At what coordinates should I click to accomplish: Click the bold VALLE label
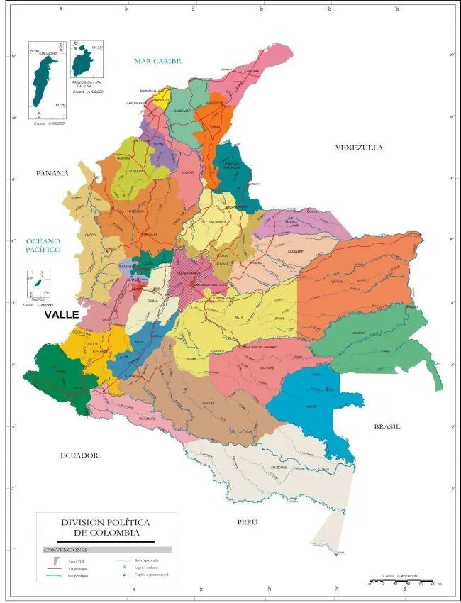click(x=62, y=314)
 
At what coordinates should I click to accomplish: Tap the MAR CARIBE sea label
click(x=158, y=62)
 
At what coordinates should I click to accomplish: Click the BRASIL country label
click(x=387, y=426)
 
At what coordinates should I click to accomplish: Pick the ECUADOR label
click(x=79, y=455)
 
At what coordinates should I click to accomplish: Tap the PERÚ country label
click(x=247, y=522)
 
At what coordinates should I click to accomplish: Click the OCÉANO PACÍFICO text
click(x=41, y=245)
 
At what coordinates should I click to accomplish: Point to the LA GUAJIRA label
click(x=251, y=71)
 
